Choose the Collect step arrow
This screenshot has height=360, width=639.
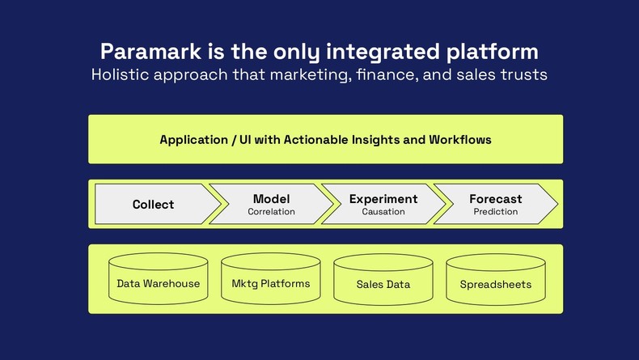pos(154,205)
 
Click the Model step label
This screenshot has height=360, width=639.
pos(271,199)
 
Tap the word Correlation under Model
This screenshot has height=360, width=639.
pos(271,212)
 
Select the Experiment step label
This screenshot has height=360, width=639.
pos(383,199)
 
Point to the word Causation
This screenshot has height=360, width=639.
pos(383,212)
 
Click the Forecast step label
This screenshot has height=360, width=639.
pos(496,199)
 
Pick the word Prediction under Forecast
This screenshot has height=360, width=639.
pos(496,212)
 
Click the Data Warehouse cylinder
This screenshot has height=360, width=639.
pos(159,284)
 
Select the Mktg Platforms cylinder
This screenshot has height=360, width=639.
pos(271,284)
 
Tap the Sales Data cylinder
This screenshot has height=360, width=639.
pos(383,284)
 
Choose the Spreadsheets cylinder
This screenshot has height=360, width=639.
pos(496,284)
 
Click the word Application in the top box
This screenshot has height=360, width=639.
pos(193,140)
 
